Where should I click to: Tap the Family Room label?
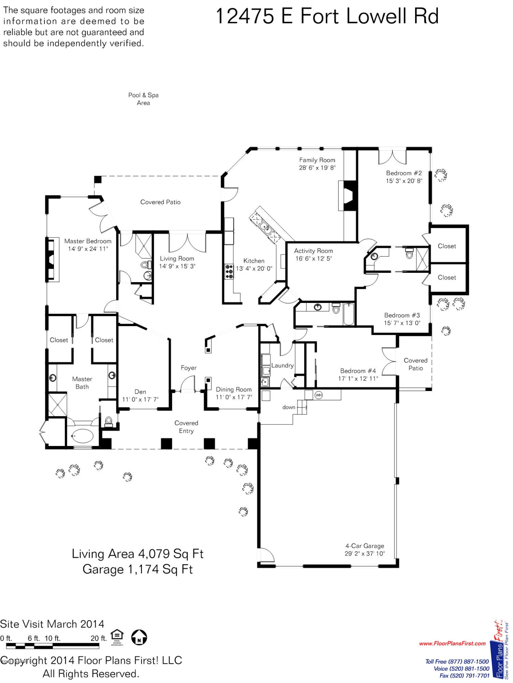click(x=317, y=160)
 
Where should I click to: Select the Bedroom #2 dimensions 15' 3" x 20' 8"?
click(x=404, y=181)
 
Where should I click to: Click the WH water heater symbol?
click(x=318, y=395)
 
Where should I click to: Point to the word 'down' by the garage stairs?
click(x=289, y=407)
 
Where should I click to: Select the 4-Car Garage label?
click(x=365, y=546)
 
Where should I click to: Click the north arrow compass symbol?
click(x=139, y=637)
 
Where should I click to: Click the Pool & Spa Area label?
click(x=143, y=99)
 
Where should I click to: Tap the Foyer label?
click(x=189, y=368)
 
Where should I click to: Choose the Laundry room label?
click(x=282, y=365)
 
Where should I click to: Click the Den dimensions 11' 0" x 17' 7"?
click(x=140, y=399)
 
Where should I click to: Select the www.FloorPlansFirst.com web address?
click(x=452, y=643)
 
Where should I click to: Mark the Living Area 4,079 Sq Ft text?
click(x=138, y=554)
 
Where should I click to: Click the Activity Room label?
click(x=313, y=251)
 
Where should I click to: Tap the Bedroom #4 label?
click(x=358, y=371)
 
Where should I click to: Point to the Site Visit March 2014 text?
click(x=52, y=624)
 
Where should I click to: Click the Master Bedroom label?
click(x=88, y=241)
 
